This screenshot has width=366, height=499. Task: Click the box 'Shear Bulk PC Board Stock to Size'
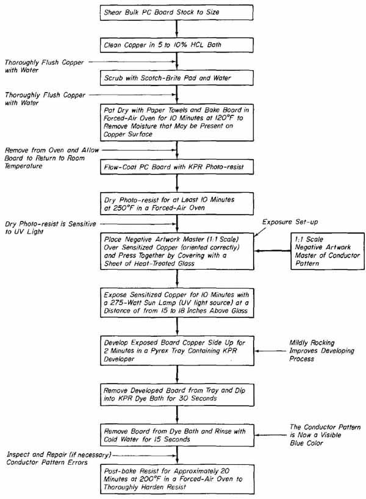(x=177, y=12)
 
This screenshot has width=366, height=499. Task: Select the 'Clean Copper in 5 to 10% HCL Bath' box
(x=177, y=45)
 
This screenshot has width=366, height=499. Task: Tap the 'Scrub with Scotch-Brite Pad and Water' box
(x=177, y=77)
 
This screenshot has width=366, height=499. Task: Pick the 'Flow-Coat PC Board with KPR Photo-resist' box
(x=177, y=167)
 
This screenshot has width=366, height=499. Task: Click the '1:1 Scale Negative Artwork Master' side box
(x=327, y=251)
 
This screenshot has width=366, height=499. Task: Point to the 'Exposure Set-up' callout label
(x=290, y=222)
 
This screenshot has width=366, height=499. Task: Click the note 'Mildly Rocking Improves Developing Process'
(x=321, y=351)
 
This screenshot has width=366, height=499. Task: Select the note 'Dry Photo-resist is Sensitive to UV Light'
(x=50, y=228)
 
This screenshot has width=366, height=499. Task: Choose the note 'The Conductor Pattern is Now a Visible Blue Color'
(x=325, y=435)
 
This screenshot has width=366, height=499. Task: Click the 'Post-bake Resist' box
(x=177, y=479)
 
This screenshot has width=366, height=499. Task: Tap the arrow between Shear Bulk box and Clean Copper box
(x=177, y=29)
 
